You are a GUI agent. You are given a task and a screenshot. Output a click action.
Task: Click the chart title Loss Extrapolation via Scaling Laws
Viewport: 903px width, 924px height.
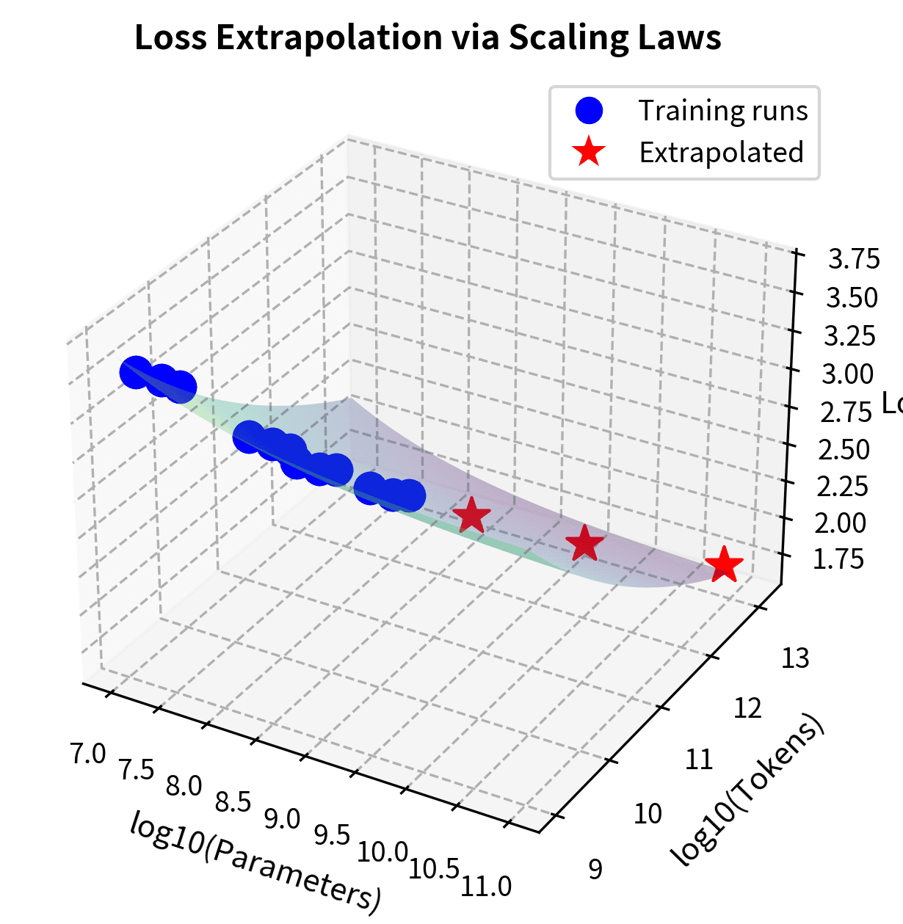428,38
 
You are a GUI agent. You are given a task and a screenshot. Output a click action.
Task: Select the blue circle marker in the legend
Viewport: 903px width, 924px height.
589,111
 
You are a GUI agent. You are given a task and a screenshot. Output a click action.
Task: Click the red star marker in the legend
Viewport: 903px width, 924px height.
589,153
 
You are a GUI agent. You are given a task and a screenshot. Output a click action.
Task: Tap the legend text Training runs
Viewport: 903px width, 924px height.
722,111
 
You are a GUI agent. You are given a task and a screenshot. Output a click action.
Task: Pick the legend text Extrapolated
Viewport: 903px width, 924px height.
721,153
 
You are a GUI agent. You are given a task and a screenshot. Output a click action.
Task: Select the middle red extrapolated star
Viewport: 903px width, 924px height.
584,544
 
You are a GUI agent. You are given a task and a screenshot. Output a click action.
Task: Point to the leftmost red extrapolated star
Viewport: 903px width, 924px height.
471,516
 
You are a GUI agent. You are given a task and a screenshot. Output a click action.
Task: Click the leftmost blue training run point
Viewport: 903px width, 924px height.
136,372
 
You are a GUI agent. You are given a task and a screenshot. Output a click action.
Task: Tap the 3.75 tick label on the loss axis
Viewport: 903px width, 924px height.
853,259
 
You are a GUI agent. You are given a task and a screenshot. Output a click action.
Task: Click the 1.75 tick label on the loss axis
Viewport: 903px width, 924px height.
838,559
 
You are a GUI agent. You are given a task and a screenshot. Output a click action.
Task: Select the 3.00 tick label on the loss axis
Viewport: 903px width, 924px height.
847,374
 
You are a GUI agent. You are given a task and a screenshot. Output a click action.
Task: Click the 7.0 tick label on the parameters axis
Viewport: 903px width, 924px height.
89,754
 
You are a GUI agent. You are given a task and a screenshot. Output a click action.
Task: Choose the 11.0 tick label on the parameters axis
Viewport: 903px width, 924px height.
486,887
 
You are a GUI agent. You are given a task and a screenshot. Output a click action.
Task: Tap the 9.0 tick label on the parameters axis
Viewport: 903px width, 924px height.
283,819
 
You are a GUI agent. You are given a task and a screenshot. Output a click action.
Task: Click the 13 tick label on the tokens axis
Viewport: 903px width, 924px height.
795,658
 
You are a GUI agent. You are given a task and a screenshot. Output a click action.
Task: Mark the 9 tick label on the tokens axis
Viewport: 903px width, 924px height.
595,869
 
